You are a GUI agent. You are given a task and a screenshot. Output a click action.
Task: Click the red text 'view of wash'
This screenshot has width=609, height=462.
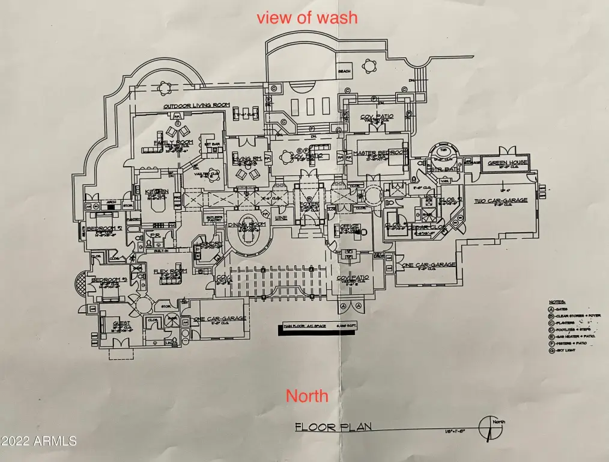(307, 17)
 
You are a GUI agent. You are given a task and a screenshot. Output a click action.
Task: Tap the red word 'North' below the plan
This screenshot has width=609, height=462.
(307, 395)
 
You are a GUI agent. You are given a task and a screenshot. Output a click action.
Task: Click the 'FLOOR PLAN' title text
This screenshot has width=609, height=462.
(333, 427)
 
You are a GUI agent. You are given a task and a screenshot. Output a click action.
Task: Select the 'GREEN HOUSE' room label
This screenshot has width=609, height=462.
(507, 162)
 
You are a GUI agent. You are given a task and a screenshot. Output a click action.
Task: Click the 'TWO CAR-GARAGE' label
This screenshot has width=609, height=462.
(501, 200)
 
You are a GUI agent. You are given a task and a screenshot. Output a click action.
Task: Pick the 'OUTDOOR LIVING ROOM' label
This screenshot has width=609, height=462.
(196, 106)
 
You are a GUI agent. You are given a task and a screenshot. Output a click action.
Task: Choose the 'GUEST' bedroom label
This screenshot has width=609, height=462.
(121, 323)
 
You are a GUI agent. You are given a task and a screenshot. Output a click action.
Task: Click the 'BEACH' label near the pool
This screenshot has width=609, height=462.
(344, 72)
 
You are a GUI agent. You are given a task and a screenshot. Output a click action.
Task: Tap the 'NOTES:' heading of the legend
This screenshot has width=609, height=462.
(557, 302)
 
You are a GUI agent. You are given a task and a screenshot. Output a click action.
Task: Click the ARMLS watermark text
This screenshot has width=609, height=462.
(39, 440)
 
